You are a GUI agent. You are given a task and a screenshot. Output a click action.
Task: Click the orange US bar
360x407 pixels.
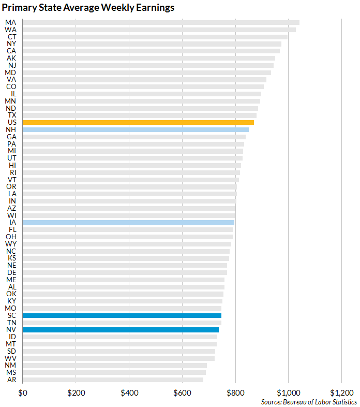tap(138, 122)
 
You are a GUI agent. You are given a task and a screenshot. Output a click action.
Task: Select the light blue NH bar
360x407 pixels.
tap(136, 129)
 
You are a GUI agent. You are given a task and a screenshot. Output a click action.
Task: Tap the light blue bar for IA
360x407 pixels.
tap(128, 223)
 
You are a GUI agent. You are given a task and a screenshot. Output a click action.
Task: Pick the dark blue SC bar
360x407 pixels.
tap(122, 315)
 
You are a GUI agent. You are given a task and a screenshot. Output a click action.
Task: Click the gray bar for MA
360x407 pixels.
tap(161, 22)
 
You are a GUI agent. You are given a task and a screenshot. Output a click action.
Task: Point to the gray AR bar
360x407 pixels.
tap(113, 380)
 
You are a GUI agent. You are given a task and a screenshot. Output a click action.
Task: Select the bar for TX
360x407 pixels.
tap(140, 115)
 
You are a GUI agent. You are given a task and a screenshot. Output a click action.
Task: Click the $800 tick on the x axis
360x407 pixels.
tap(235, 393)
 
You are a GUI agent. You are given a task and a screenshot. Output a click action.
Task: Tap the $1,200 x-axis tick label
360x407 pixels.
tap(341, 393)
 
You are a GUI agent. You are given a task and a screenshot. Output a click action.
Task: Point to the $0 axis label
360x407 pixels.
tap(22, 393)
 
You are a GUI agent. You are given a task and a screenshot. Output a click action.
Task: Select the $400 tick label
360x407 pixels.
tap(129, 393)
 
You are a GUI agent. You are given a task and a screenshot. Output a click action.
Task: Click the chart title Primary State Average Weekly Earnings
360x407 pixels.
tap(88, 8)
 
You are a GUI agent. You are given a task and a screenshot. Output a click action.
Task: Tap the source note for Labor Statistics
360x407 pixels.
tap(309, 402)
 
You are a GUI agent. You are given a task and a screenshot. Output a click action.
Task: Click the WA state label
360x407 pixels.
tap(10, 30)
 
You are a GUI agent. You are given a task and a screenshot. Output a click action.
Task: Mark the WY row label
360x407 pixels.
tap(10, 244)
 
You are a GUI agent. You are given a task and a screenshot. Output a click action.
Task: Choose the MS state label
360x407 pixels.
tap(11, 372)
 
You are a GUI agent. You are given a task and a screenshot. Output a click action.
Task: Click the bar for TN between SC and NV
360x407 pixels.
tap(122, 323)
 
